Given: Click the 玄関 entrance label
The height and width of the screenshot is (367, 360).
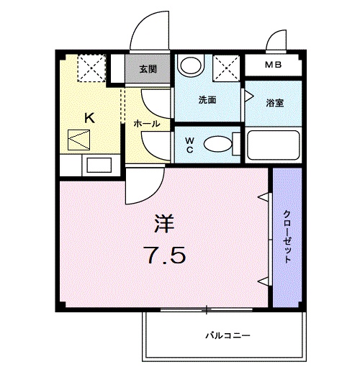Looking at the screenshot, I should pyautogui.click(x=148, y=70).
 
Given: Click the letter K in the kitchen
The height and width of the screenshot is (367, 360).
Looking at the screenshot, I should pyautogui.click(x=90, y=117).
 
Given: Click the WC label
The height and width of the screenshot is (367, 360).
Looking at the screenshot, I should pyautogui.click(x=189, y=144).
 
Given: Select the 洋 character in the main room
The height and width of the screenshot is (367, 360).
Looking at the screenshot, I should pyautogui.click(x=163, y=223).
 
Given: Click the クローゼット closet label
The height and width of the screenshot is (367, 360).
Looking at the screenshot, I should pyautogui.click(x=286, y=237).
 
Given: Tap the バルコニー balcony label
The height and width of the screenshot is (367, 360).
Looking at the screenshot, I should pyautogui.click(x=228, y=335).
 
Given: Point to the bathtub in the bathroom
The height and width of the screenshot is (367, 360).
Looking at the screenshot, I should pyautogui.click(x=273, y=145).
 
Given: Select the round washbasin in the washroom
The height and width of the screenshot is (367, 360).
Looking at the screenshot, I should pyautogui.click(x=191, y=67).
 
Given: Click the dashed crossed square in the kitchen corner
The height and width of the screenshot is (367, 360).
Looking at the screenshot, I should pyautogui.click(x=91, y=70).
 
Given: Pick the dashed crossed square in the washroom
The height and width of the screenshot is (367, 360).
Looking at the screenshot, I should pyautogui.click(x=227, y=70).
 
